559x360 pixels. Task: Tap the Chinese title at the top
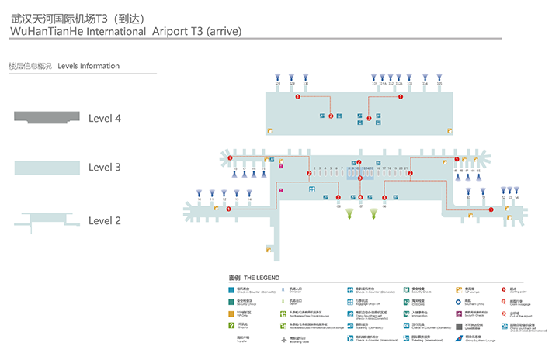pyautogui.click(x=78, y=16)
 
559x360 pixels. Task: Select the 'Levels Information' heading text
pyautogui.click(x=89, y=66)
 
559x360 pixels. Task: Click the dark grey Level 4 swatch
pyautogui.click(x=47, y=117)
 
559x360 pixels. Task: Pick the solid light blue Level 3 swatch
pyautogui.click(x=47, y=167)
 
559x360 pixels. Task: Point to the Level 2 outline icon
pyautogui.click(x=47, y=220)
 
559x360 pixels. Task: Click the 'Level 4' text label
pyautogui.click(x=105, y=119)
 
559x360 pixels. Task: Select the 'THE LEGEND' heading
pyautogui.click(x=262, y=278)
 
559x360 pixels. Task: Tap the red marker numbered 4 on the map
pyautogui.click(x=360, y=197)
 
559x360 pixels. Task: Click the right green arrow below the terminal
pyautogui.click(x=373, y=212)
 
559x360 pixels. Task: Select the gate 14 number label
pyautogui.click(x=249, y=199)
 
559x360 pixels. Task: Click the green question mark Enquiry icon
pyautogui.click(x=232, y=327)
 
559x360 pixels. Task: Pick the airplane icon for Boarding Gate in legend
pyautogui.click(x=284, y=339)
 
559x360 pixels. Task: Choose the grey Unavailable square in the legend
pyautogui.click(x=460, y=327)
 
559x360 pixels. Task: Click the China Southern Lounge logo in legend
pyautogui.click(x=460, y=339)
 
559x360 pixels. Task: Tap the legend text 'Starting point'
pyautogui.click(x=516, y=289)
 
